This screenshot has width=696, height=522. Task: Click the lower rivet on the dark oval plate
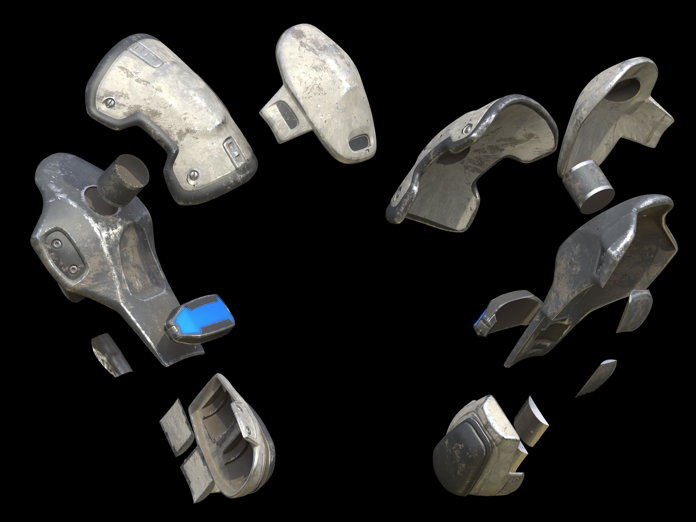coord(74,269)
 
